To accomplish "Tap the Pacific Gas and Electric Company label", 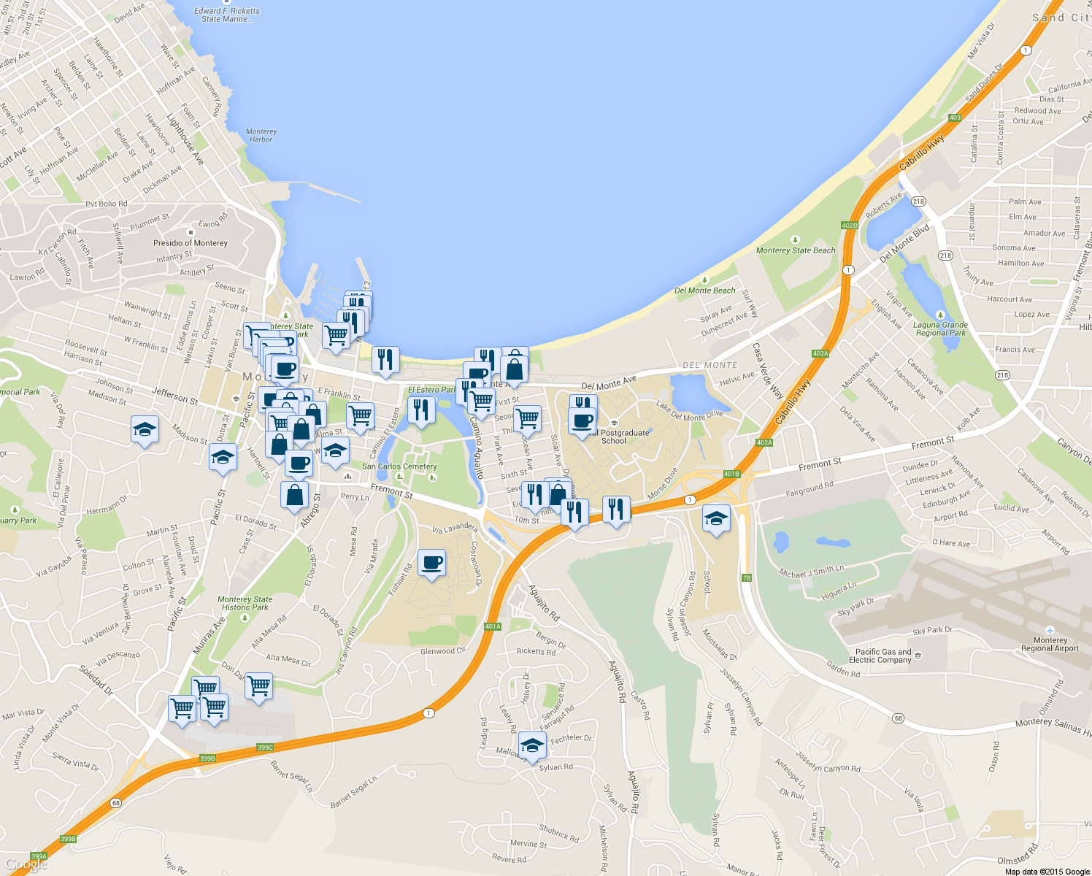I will (x=883, y=656).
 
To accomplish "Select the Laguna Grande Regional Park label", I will (x=941, y=328).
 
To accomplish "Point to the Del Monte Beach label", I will (x=704, y=290).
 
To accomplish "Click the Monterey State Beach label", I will (x=796, y=250).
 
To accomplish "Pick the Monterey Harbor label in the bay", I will (x=261, y=135).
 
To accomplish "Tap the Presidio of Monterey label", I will (x=191, y=242).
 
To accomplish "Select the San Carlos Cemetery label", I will (x=399, y=466).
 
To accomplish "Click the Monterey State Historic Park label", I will (x=245, y=603).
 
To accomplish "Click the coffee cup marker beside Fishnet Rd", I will (x=431, y=563).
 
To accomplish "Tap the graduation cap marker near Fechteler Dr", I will (x=532, y=745).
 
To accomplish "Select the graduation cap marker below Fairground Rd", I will (x=715, y=519).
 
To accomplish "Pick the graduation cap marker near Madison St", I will (x=145, y=429).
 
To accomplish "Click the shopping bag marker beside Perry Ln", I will (x=294, y=494).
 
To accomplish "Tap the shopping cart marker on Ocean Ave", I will (x=527, y=418).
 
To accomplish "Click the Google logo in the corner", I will (x=26, y=864).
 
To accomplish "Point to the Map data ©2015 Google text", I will (x=1047, y=871).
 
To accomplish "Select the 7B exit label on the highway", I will (x=746, y=578).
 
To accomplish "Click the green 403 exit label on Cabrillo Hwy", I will (x=955, y=118).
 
